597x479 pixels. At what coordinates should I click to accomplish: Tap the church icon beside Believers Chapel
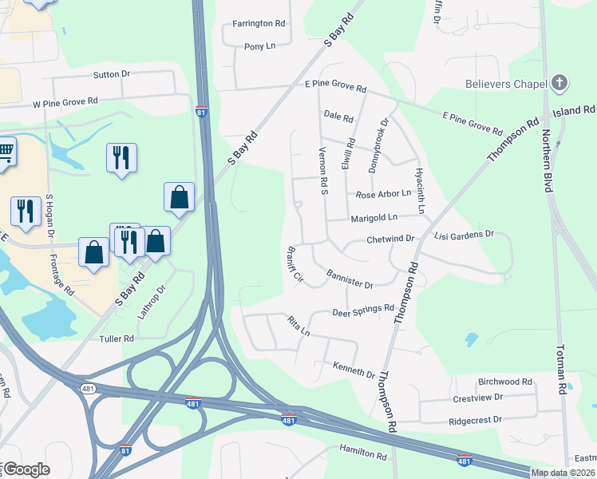pos(559,83)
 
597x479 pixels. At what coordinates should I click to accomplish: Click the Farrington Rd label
pos(259,24)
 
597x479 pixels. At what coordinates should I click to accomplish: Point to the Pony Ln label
pos(259,46)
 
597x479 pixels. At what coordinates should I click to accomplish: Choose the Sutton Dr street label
pos(112,74)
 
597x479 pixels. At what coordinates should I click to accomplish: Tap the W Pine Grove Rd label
pos(65,102)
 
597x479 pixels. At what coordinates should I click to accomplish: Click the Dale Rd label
pos(338,116)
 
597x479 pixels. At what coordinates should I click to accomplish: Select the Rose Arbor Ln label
pos(383,194)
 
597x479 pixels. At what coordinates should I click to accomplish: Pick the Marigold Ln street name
pos(374,217)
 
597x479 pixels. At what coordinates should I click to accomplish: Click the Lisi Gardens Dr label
pos(465,235)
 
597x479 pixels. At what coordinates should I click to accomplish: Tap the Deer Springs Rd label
pos(363,308)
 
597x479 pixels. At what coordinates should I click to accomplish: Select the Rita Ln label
pos(298,326)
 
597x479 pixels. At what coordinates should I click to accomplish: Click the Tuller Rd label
pos(117,339)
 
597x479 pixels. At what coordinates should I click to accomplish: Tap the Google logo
pos(26,469)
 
